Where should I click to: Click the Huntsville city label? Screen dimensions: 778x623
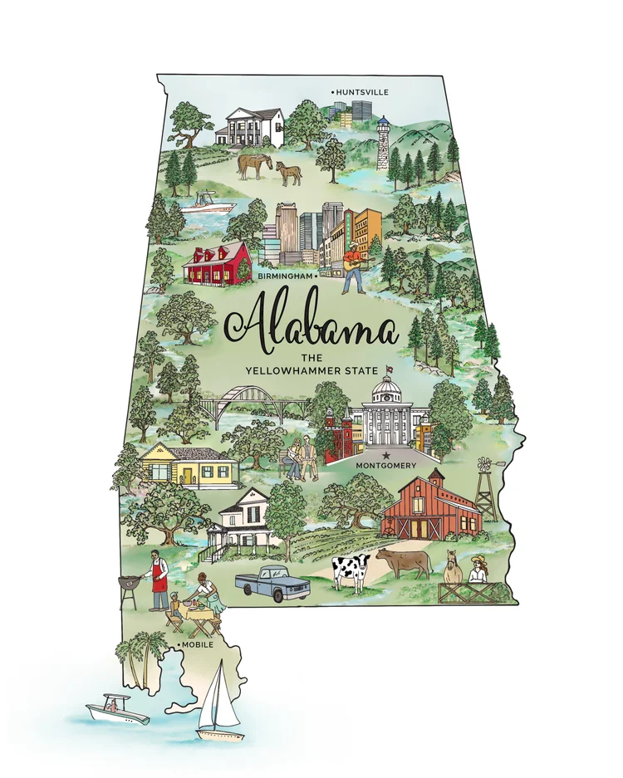pos(362,91)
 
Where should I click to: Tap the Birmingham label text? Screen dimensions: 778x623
pos(285,275)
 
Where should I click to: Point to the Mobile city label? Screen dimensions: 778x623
pos(198,645)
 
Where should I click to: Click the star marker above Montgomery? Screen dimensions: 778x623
pos(385,455)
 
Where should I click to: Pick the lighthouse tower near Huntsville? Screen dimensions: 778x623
pos(382,143)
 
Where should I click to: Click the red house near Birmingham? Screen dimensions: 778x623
pos(217,263)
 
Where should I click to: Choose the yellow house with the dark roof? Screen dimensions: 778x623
pos(181,466)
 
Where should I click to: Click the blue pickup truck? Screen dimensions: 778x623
pos(272,582)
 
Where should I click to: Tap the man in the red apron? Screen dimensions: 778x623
pos(158,579)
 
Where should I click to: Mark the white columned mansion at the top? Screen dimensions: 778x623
pos(250,126)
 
